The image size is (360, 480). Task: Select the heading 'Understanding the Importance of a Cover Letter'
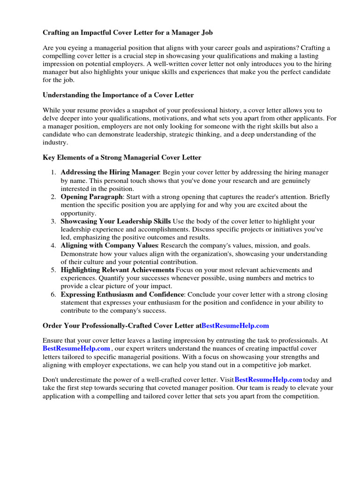(118, 95)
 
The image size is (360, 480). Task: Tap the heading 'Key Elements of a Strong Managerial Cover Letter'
(122, 157)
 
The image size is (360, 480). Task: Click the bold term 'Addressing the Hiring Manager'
(111, 172)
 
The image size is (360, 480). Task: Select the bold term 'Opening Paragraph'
(92, 197)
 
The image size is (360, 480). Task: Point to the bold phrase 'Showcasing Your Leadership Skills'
(116, 221)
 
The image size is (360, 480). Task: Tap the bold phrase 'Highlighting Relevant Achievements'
(117, 270)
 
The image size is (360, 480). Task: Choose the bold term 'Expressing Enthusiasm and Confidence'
(122, 294)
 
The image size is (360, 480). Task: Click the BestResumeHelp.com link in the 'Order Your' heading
(235, 325)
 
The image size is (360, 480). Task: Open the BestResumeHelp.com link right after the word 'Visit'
(268, 380)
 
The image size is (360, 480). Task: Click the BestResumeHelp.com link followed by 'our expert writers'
(76, 349)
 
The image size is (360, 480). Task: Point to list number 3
(54, 221)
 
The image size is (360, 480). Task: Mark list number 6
(54, 294)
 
